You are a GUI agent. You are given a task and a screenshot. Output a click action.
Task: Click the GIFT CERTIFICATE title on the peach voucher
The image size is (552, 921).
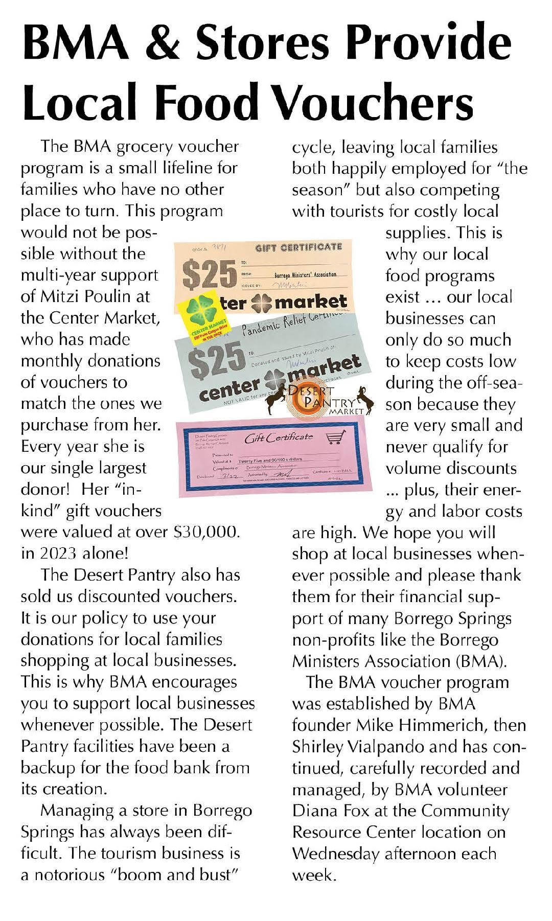pos(298,247)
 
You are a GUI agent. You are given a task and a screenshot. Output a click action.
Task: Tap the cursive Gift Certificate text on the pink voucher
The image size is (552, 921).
pos(279,438)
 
